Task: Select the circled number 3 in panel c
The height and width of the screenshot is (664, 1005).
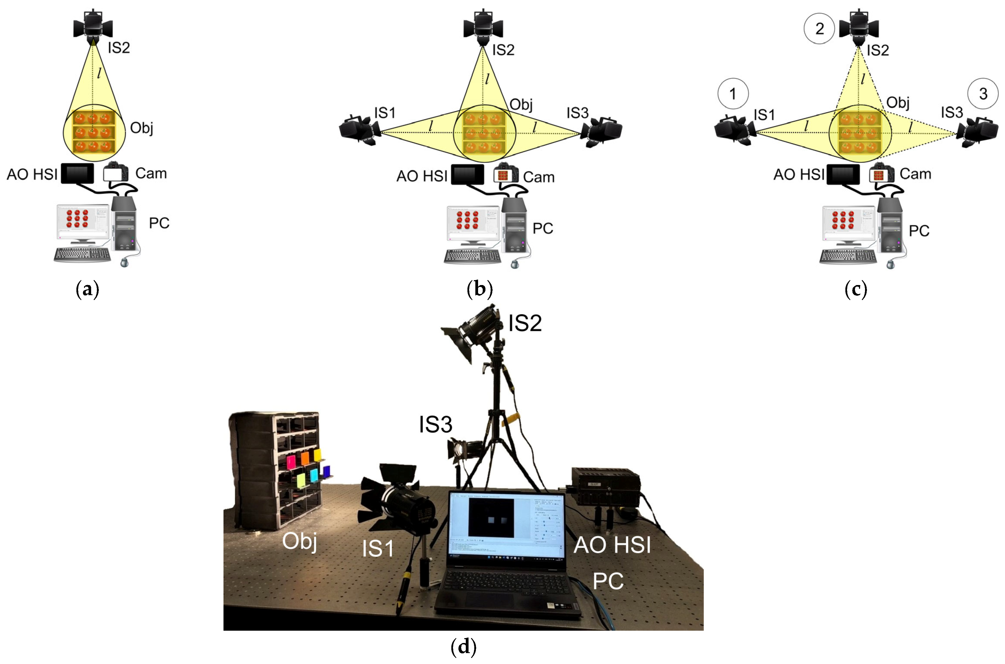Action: point(983,94)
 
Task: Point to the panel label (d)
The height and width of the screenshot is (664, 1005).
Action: point(464,646)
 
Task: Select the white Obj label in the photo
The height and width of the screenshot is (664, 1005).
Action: point(300,541)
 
